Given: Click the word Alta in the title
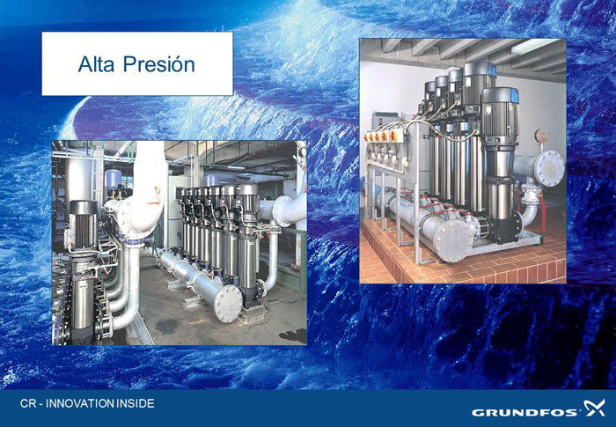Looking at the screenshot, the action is click(x=97, y=64).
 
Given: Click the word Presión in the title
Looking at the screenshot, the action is click(x=159, y=64).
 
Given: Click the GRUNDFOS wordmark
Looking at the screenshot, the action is click(x=524, y=412).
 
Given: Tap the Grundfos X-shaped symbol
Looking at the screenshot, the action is click(x=594, y=408).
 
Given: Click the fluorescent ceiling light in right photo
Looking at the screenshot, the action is click(x=535, y=46).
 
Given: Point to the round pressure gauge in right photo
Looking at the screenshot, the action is click(x=541, y=136).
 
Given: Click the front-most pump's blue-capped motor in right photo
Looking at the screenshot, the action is click(x=500, y=113).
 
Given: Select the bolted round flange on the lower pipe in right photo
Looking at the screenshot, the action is click(x=453, y=239).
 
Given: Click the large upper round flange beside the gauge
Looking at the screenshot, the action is click(x=550, y=169).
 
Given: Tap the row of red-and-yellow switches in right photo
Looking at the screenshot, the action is click(x=381, y=136).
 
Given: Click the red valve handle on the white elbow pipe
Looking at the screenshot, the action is click(x=155, y=202).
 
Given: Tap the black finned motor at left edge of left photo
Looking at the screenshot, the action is click(x=83, y=225).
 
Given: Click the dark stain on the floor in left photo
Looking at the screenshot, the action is click(x=166, y=326).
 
